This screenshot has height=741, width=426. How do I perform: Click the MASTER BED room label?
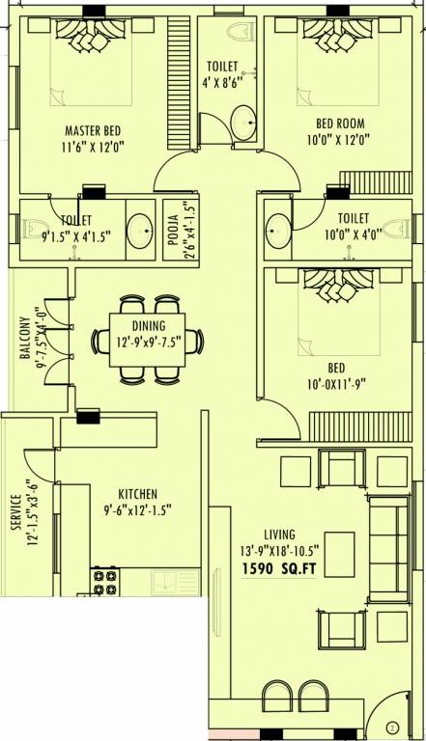click(93, 130)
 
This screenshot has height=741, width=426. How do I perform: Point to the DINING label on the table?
click(149, 325)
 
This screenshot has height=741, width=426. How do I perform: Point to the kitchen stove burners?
click(104, 582)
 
